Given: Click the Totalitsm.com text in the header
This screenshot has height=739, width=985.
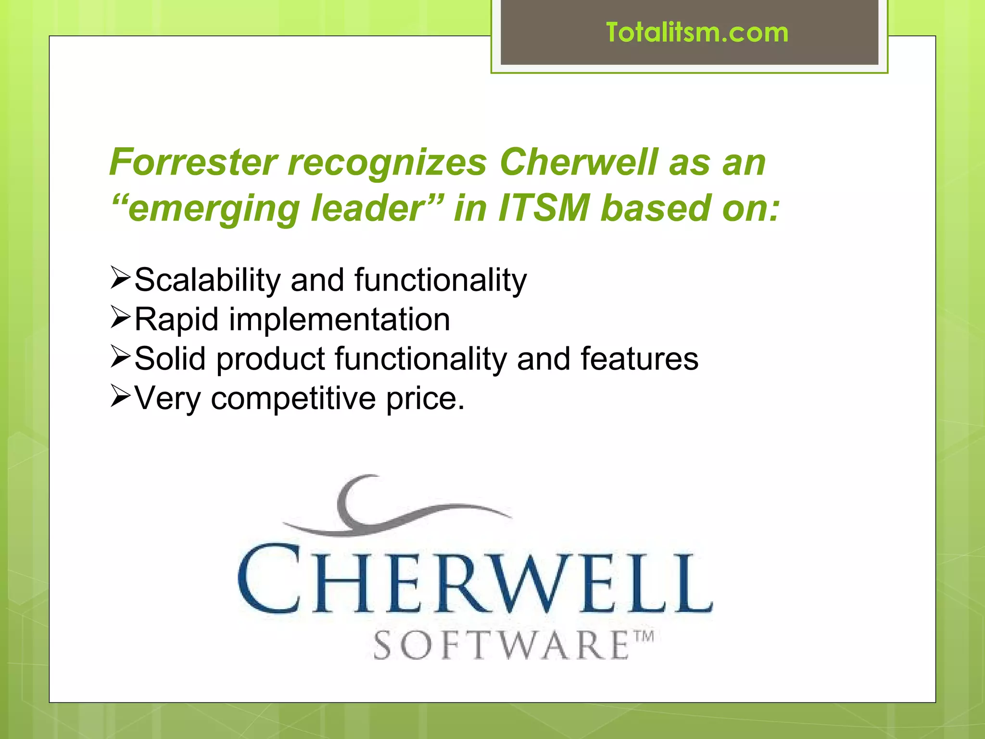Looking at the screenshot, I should tap(697, 33).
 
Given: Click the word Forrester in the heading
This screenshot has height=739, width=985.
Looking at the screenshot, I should tap(194, 162).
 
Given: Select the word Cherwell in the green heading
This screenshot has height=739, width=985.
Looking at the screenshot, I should tap(578, 162).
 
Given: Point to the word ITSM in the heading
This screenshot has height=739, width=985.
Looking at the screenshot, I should tap(544, 208).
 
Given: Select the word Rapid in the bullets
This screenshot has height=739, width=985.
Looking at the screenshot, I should tap(176, 319).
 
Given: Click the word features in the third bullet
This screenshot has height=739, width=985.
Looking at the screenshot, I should tap(639, 359).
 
